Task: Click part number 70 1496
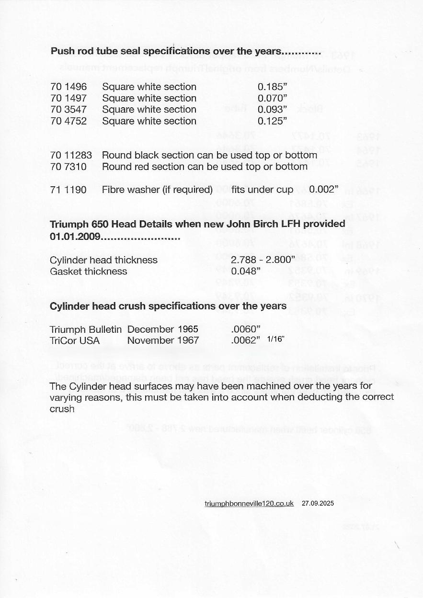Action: point(69,87)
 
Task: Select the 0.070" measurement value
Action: point(272,98)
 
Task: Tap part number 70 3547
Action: point(69,110)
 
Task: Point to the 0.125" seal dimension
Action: point(272,121)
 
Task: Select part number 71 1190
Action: point(69,190)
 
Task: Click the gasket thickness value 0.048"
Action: point(245,271)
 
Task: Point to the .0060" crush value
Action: point(245,329)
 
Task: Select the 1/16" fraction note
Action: point(275,339)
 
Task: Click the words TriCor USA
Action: point(75,341)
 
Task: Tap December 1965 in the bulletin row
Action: point(162,329)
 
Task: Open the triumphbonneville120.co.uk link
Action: point(249,504)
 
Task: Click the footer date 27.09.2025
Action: point(318,504)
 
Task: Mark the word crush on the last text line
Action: point(62,409)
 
